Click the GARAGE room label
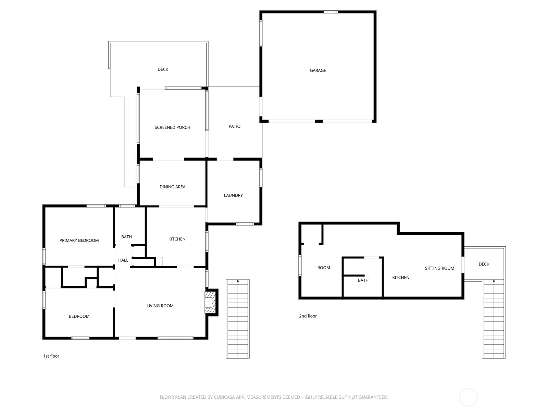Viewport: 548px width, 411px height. point(317,70)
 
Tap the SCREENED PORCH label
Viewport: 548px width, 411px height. point(172,127)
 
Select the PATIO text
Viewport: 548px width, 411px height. point(234,126)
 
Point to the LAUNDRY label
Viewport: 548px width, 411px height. point(233,195)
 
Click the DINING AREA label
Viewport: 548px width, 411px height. point(172,187)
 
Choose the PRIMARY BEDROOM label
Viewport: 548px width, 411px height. point(79,240)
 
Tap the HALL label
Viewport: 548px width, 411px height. point(123,260)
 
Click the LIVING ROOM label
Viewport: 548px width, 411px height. point(160,306)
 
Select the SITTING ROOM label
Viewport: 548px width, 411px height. point(439,268)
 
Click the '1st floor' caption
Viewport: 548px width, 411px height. point(51,356)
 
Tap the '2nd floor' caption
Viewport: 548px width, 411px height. point(308,316)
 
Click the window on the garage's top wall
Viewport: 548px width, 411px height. point(331,12)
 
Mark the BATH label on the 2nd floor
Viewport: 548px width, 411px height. point(363,280)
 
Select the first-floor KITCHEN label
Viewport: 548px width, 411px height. point(177,239)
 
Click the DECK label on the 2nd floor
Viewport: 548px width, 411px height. point(484,264)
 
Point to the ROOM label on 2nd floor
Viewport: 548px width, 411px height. point(324,268)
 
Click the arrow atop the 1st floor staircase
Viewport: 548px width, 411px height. point(238,281)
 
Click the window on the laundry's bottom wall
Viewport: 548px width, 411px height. point(245,224)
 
